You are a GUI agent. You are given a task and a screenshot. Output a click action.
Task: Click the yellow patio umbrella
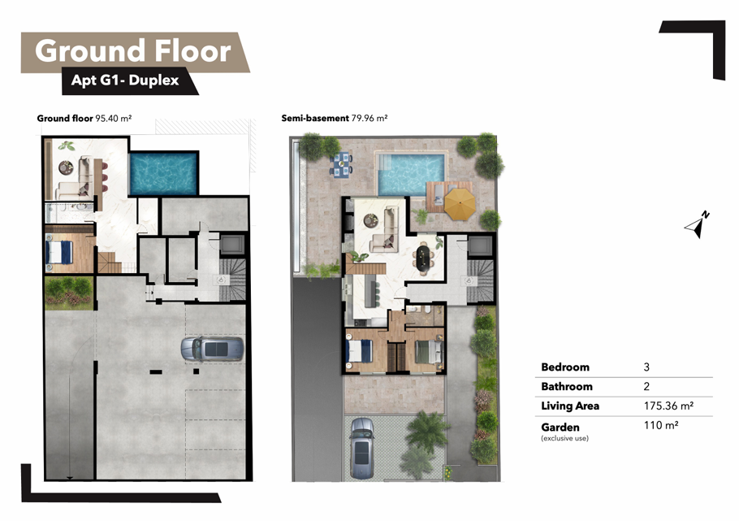point(460,204)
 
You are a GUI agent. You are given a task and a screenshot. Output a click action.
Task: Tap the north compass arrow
point(697,224)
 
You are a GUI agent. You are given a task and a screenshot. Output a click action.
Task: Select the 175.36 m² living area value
point(668,406)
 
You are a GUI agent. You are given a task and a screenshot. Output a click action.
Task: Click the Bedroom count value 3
point(646,367)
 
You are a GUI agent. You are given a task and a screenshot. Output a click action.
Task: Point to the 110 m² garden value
point(661,425)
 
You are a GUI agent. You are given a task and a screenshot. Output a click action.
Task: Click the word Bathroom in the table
point(567,387)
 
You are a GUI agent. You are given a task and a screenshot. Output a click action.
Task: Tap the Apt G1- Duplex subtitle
point(125,80)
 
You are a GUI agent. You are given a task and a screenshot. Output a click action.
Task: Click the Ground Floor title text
point(133,51)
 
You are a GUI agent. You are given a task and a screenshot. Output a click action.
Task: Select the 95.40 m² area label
point(113,119)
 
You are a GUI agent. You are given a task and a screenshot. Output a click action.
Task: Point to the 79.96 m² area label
point(369,119)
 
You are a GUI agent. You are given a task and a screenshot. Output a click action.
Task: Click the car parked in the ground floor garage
point(213,350)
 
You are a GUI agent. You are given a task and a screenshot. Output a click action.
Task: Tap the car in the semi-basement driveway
point(362,448)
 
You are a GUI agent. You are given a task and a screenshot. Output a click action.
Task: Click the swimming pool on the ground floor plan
point(163,173)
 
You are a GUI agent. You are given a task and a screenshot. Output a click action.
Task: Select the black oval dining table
point(423,258)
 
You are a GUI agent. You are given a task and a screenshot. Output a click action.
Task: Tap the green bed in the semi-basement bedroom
point(428,352)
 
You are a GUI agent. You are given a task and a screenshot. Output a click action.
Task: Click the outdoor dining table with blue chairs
point(341,165)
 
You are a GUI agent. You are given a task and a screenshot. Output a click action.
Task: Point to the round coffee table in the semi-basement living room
point(371,220)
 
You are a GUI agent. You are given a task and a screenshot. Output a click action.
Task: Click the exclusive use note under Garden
point(564,438)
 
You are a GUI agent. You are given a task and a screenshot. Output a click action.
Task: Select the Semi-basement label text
point(315,119)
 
